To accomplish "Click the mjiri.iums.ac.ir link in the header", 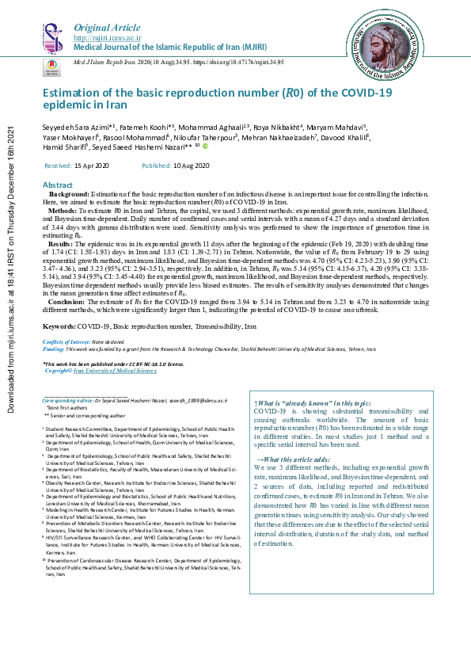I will [107, 36].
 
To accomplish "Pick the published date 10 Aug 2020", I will [192, 166].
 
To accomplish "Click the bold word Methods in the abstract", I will [63, 212].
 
